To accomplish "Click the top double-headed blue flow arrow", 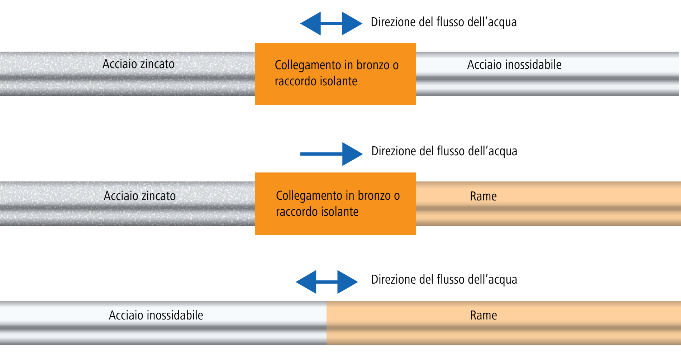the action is pos(331,24).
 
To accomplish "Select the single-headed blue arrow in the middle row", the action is pos(332,154).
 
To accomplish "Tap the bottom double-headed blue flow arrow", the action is pos(327,282).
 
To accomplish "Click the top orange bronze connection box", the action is pos(335,74).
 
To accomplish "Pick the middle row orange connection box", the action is pos(335,204).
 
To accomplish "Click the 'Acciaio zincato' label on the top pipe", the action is pos(138,64).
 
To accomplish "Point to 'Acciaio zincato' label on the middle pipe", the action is pos(140,196).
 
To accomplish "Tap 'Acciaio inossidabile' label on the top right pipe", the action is pos(514,65).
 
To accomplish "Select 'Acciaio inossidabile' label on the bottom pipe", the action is pos(156,315).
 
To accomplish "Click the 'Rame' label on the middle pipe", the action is pos(483,196).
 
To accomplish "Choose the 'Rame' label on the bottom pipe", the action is pos(484,315).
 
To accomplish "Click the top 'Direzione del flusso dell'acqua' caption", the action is pos(444,22).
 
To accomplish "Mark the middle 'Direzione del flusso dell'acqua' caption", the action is pos(444,151).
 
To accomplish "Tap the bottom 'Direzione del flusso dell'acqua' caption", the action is pos(444,280).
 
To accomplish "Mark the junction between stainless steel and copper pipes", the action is pos(327,323).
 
